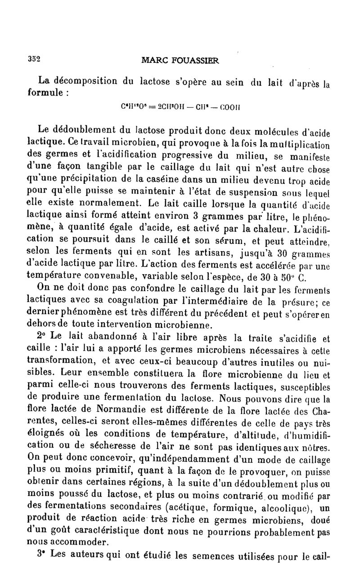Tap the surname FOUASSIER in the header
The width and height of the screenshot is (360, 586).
(196, 61)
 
